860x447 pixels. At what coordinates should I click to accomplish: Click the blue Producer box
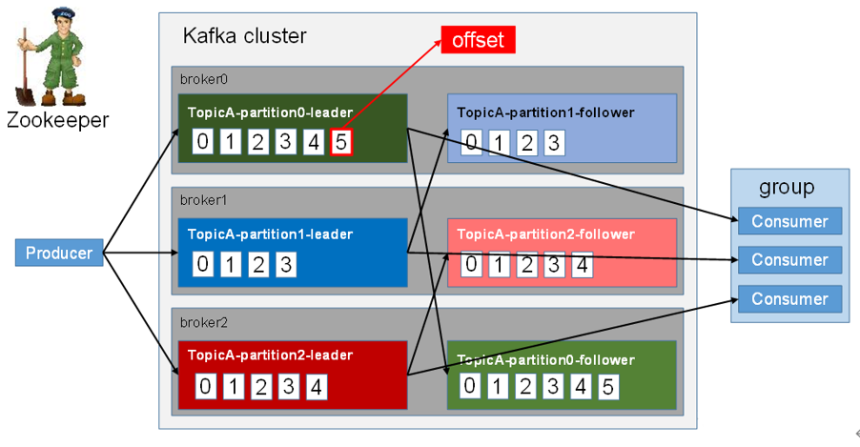point(59,253)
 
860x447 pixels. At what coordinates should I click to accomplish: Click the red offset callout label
point(477,39)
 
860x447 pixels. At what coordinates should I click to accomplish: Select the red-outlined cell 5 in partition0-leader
point(340,143)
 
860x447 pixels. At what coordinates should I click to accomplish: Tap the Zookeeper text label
point(57,120)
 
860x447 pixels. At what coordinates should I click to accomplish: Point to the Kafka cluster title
point(244,36)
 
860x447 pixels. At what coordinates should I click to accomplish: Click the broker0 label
point(196,79)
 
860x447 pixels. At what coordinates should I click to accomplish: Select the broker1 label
point(196,200)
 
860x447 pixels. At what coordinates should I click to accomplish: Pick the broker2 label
point(196,322)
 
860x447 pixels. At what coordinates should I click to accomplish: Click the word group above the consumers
point(787,187)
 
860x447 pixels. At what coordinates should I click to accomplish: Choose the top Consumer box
point(789,221)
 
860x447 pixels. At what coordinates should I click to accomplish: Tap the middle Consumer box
point(789,259)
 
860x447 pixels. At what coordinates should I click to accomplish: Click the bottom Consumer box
point(789,298)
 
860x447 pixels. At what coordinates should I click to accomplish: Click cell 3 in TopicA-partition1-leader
point(285,263)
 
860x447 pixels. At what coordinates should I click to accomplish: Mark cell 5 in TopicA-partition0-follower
point(608,386)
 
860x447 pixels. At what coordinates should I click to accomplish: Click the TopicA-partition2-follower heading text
point(545,234)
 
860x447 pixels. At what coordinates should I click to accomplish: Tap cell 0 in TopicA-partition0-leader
point(202,143)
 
